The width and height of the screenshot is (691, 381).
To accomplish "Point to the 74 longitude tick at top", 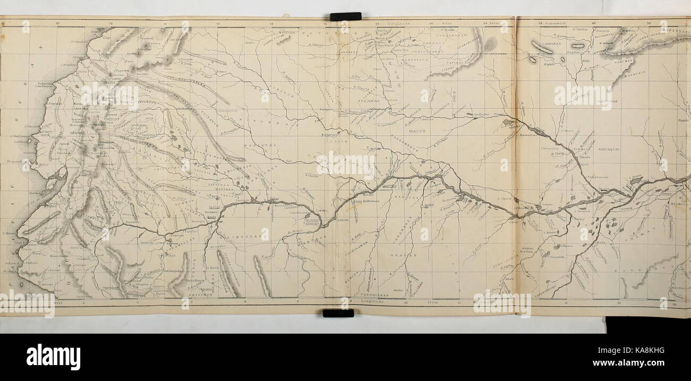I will [218, 24].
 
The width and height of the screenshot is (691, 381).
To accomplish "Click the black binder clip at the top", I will [345, 16].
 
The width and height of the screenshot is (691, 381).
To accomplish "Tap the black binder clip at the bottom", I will [338, 313].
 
